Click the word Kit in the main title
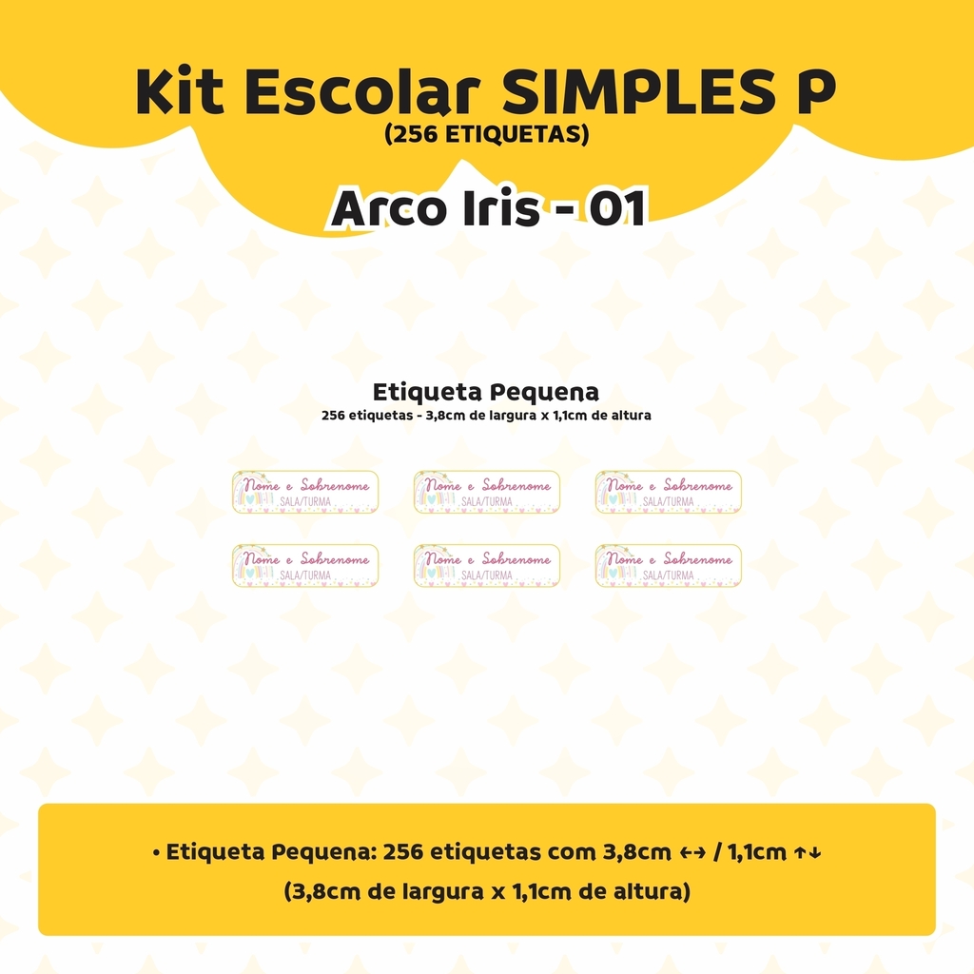coord(180,91)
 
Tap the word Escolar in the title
coord(362,91)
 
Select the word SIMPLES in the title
coord(633,91)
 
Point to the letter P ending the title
coord(808,91)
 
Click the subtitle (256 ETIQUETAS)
coord(487,134)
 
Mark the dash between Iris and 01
coord(565,211)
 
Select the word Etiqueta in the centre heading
coord(427,392)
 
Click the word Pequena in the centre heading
coord(544,393)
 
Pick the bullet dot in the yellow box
coord(157,853)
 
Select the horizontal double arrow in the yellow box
coord(692,853)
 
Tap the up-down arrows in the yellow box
coord(808,853)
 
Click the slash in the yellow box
coord(717,852)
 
